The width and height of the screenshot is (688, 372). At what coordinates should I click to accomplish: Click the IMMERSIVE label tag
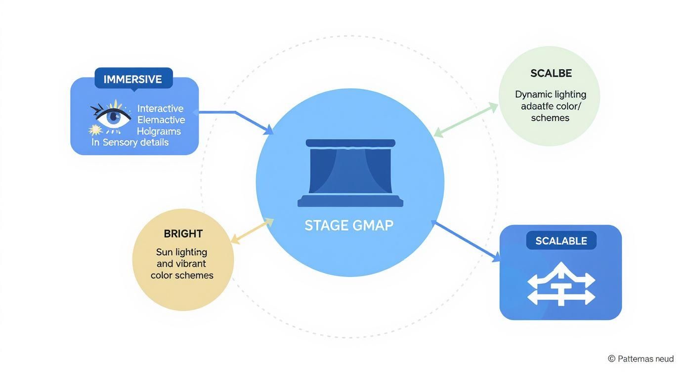(133, 79)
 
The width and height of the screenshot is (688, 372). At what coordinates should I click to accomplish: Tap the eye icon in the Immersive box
(114, 117)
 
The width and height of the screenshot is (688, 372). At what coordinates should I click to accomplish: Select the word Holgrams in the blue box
(159, 131)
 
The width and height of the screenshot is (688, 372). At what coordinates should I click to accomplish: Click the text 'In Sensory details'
(130, 142)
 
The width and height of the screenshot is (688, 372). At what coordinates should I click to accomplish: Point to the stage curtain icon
(350, 173)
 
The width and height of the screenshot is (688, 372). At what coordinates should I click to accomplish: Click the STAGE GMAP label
(349, 226)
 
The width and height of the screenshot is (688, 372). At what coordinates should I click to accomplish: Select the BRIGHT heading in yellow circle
(183, 233)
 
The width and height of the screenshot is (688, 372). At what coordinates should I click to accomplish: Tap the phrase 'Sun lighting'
(181, 252)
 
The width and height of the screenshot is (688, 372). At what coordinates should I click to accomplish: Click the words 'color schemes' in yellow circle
(182, 276)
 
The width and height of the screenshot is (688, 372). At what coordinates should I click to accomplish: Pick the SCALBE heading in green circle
(551, 73)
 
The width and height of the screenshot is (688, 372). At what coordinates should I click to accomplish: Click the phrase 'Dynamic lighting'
(551, 94)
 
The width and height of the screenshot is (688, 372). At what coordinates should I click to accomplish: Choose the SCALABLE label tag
(561, 241)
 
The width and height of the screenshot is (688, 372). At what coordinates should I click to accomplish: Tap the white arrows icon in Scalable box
(561, 284)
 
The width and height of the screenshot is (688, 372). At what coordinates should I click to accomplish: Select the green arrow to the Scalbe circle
(466, 120)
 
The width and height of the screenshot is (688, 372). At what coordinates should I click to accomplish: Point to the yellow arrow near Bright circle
(252, 231)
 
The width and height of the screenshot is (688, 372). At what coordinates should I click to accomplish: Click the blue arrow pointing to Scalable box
(467, 241)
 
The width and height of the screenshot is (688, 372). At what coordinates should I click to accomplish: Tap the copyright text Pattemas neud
(641, 359)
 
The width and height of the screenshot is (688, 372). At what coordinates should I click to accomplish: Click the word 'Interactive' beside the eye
(160, 108)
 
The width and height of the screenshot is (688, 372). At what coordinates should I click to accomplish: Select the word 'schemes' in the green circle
(550, 118)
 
